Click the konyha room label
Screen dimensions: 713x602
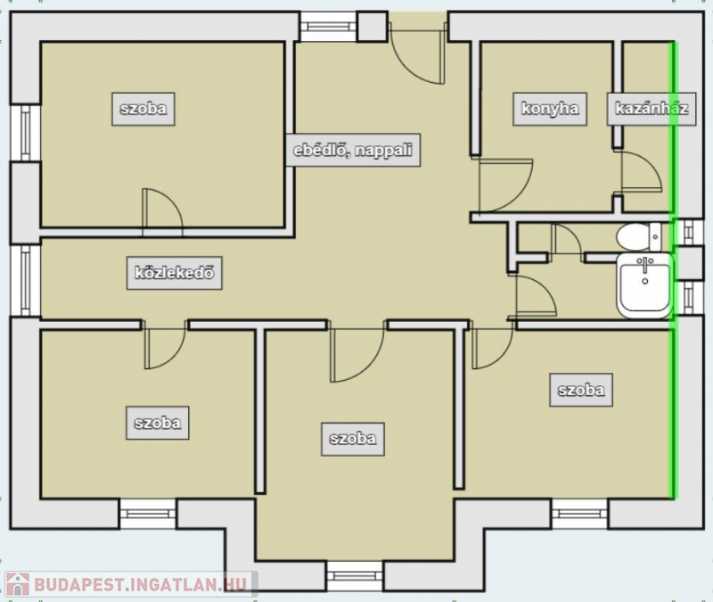coord(550,109)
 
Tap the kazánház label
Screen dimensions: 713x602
coord(652,109)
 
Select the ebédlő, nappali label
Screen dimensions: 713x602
coord(353,150)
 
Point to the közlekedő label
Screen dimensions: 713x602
coord(175,273)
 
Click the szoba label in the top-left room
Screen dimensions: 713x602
coord(143,109)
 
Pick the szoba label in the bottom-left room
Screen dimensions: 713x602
coord(158,423)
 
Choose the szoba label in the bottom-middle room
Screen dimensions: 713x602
coord(353,439)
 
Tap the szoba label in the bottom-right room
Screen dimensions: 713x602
coord(581,390)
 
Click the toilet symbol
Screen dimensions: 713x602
coord(638,237)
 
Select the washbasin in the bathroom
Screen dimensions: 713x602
coord(644,285)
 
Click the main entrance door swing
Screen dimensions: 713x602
coord(416,54)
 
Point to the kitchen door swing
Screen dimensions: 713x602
coord(505,186)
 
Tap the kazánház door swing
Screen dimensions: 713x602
coord(641,172)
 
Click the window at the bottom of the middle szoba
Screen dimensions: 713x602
coord(355,575)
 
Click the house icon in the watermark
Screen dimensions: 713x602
coord(18,584)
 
